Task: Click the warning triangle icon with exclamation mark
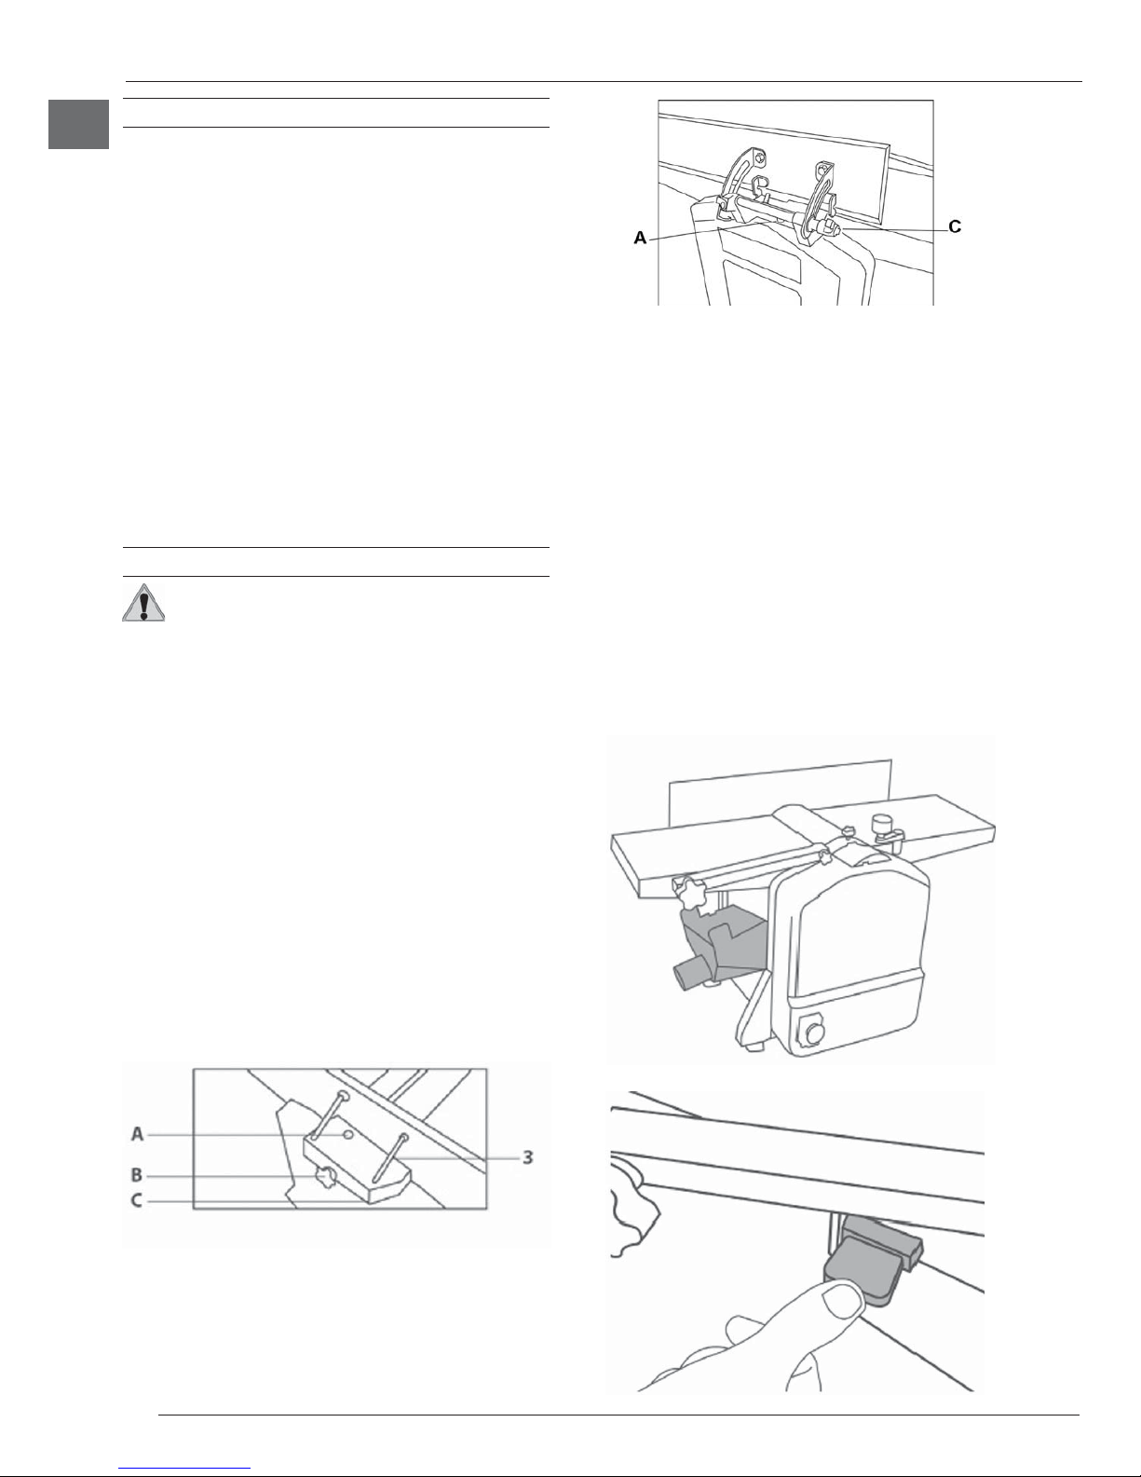click(x=143, y=602)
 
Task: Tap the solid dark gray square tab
click(x=79, y=124)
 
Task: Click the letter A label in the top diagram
click(x=640, y=238)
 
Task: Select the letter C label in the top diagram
click(x=954, y=227)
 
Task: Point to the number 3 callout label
click(x=528, y=1156)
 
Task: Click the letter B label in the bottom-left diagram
click(x=137, y=1174)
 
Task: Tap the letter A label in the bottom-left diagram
click(x=137, y=1134)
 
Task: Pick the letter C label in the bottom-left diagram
click(x=137, y=1201)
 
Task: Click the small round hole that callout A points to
click(x=348, y=1134)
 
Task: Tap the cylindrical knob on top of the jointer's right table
click(x=881, y=824)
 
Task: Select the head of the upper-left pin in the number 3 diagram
click(x=345, y=1095)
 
